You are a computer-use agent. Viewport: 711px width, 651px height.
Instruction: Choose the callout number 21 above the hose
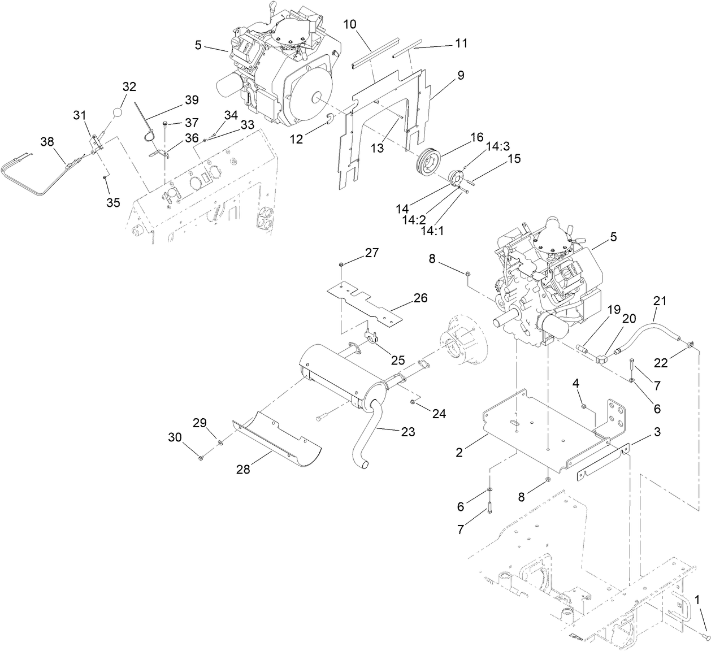tap(660, 301)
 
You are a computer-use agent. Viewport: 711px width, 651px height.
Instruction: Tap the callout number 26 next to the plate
tap(420, 298)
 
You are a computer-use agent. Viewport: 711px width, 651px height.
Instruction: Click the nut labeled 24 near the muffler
tap(413, 402)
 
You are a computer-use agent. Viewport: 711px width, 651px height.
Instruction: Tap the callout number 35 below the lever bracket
tap(113, 202)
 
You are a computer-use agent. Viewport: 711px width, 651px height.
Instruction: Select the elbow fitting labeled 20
tap(601, 358)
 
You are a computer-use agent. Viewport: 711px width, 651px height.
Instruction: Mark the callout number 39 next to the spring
tap(192, 100)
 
